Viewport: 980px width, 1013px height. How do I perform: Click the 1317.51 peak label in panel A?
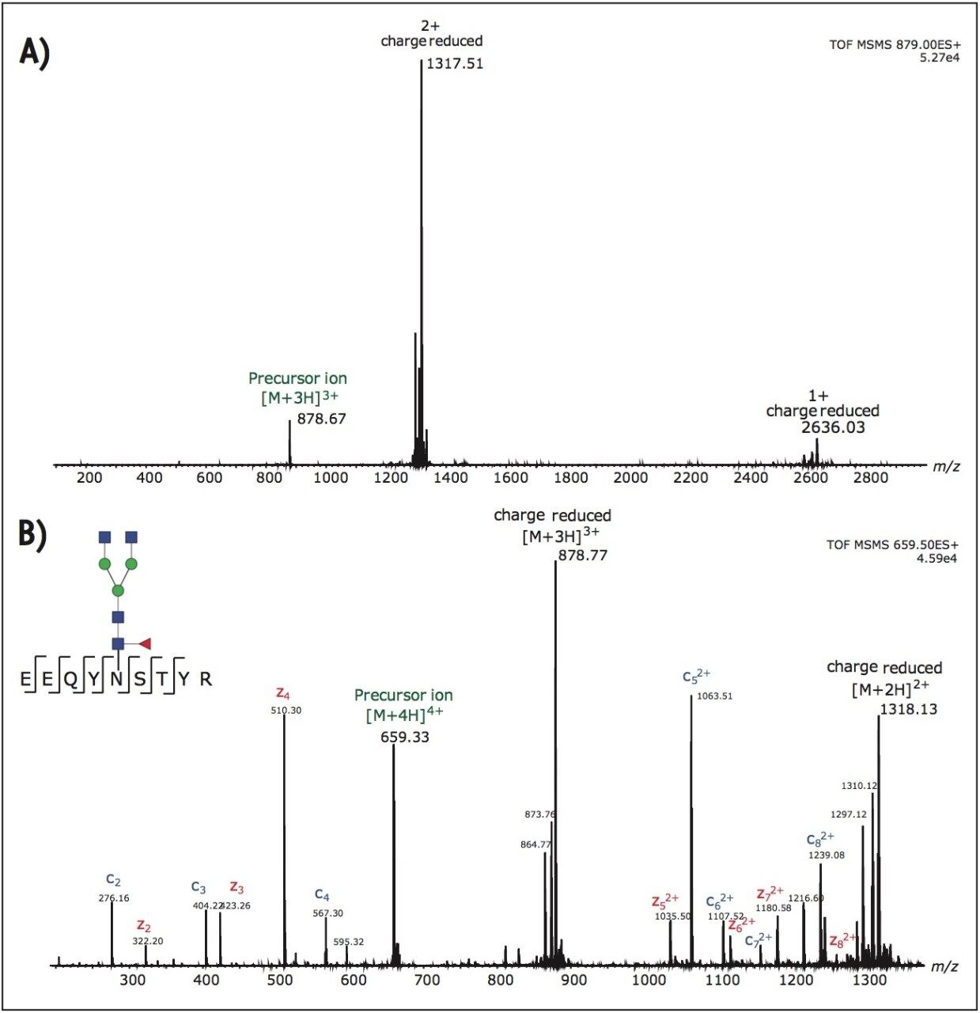(x=455, y=64)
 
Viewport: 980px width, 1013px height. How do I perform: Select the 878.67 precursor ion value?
(x=321, y=419)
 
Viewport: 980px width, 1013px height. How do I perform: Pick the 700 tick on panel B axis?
(x=427, y=980)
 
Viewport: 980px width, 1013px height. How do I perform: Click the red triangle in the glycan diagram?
(x=145, y=643)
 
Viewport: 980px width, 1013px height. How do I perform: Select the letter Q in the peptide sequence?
(x=70, y=679)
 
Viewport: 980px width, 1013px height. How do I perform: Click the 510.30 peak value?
(x=286, y=711)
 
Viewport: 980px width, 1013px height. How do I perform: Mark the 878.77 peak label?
(x=583, y=556)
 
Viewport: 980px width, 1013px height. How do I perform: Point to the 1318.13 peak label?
(x=908, y=709)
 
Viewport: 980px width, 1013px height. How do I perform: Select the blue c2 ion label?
(x=113, y=880)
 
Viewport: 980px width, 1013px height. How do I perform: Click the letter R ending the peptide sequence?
(x=206, y=679)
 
